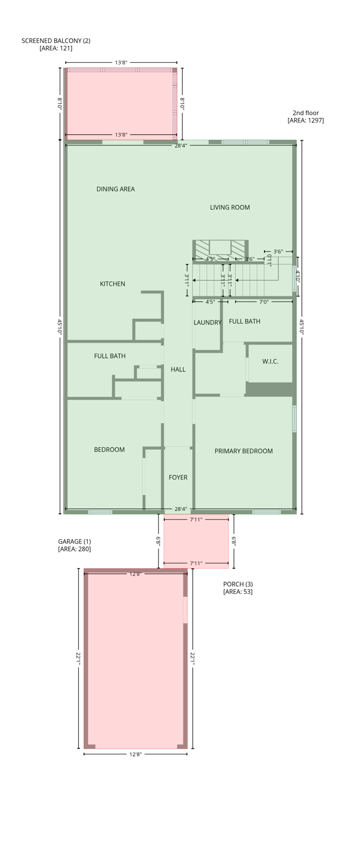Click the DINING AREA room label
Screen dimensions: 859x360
115,189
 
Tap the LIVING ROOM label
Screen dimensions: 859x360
230,207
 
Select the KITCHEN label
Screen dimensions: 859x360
112,284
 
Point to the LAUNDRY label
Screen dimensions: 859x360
207,323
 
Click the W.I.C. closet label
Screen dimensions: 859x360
270,362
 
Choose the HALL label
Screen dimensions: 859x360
178,370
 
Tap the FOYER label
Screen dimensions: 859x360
178,478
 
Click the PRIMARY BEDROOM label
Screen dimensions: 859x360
244,451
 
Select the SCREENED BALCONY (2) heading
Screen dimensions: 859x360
56,41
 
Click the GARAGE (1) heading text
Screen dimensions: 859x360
74,541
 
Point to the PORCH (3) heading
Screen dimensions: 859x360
238,584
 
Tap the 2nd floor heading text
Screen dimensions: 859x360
305,113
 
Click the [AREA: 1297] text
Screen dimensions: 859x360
305,121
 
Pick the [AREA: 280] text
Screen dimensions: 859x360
74,549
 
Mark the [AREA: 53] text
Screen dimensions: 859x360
238,592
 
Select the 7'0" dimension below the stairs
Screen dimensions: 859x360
264,302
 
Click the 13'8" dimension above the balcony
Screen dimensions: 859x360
121,63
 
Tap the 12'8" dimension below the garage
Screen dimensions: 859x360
135,754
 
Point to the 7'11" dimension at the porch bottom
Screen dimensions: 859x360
196,564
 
